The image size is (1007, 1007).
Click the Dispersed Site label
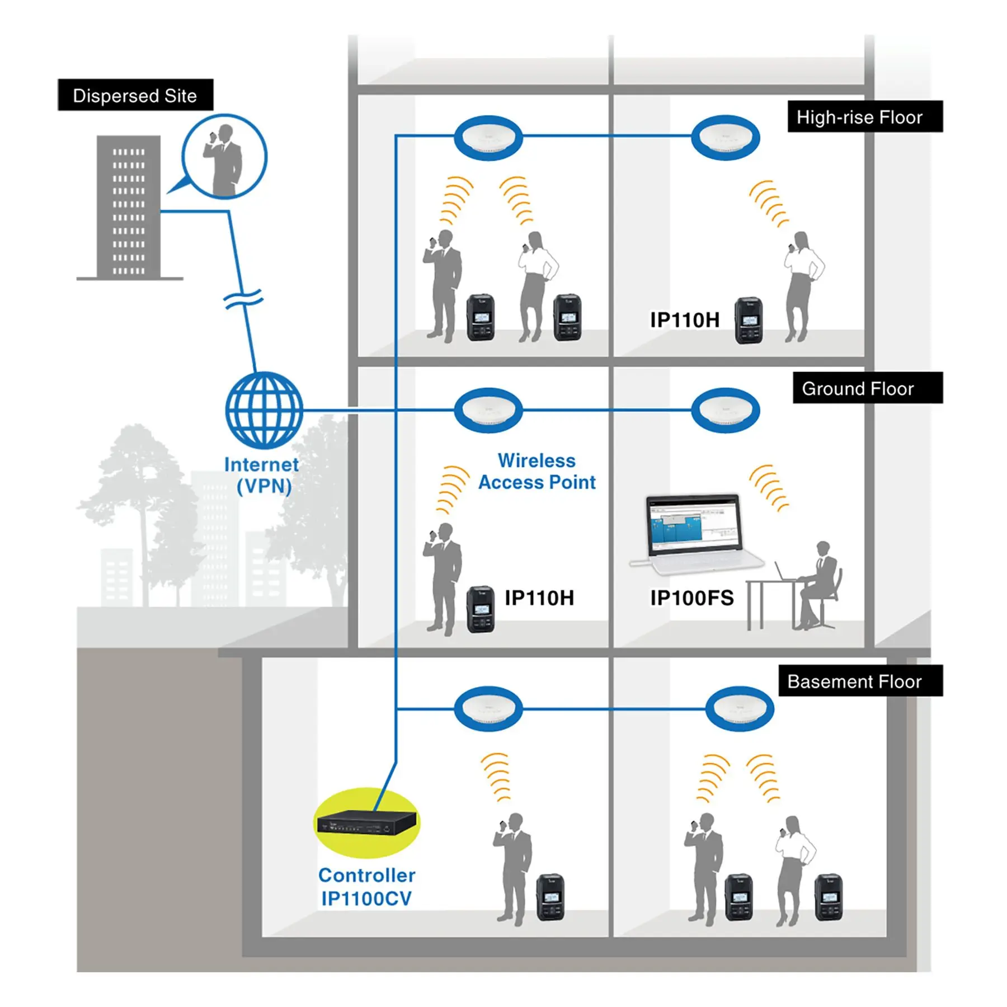pos(135,95)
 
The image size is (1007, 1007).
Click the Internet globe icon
pos(264,410)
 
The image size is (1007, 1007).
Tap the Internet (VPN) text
pos(262,475)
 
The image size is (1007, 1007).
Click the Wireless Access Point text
pos(537,472)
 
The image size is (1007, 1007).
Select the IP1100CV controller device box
pos(366,823)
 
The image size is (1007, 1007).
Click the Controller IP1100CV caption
pos(366,887)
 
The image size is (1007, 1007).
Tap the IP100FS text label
pos(691,598)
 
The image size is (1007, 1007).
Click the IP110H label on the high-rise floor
pos(684,320)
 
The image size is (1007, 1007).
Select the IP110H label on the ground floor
pos(539,597)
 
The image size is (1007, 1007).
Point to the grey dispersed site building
pos(129,207)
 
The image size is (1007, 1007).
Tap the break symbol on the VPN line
pos(243,299)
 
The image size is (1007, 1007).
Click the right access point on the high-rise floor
pos(725,137)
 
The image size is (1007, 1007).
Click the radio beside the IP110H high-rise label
pos(749,321)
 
